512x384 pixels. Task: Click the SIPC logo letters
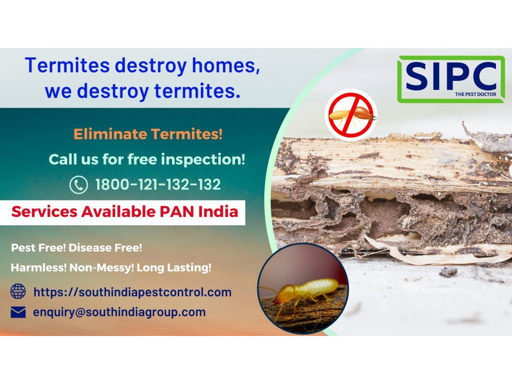pyautogui.click(x=451, y=76)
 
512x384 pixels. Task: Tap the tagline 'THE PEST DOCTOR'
pyautogui.click(x=476, y=94)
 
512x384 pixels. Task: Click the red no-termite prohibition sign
pyautogui.click(x=351, y=115)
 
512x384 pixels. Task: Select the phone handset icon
pyautogui.click(x=79, y=185)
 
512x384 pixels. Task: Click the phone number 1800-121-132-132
pyautogui.click(x=158, y=184)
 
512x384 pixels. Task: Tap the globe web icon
pyautogui.click(x=18, y=291)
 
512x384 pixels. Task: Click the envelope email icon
pyautogui.click(x=18, y=312)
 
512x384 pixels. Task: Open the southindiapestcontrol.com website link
pyautogui.click(x=132, y=292)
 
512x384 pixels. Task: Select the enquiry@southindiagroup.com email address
pyautogui.click(x=119, y=312)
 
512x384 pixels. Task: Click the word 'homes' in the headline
pyautogui.click(x=226, y=66)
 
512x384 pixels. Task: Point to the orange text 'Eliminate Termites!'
pyautogui.click(x=148, y=134)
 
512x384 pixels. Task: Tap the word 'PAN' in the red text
pyautogui.click(x=177, y=212)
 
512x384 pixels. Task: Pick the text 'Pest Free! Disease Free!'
pyautogui.click(x=77, y=248)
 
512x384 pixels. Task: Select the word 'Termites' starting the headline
pyautogui.click(x=67, y=65)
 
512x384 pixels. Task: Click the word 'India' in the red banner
pyautogui.click(x=218, y=212)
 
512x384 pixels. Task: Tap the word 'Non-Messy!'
pyautogui.click(x=102, y=268)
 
